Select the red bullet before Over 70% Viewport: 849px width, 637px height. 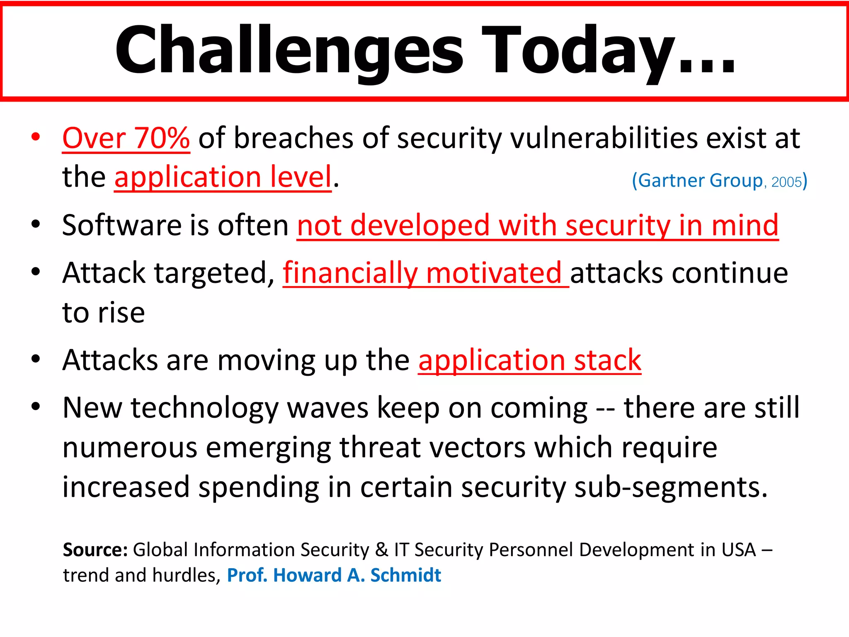click(x=36, y=136)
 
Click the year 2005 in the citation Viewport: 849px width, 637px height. click(x=786, y=182)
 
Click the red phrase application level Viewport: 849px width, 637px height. click(x=223, y=177)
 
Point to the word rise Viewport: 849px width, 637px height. click(x=121, y=313)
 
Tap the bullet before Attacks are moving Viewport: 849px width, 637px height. click(x=36, y=359)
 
